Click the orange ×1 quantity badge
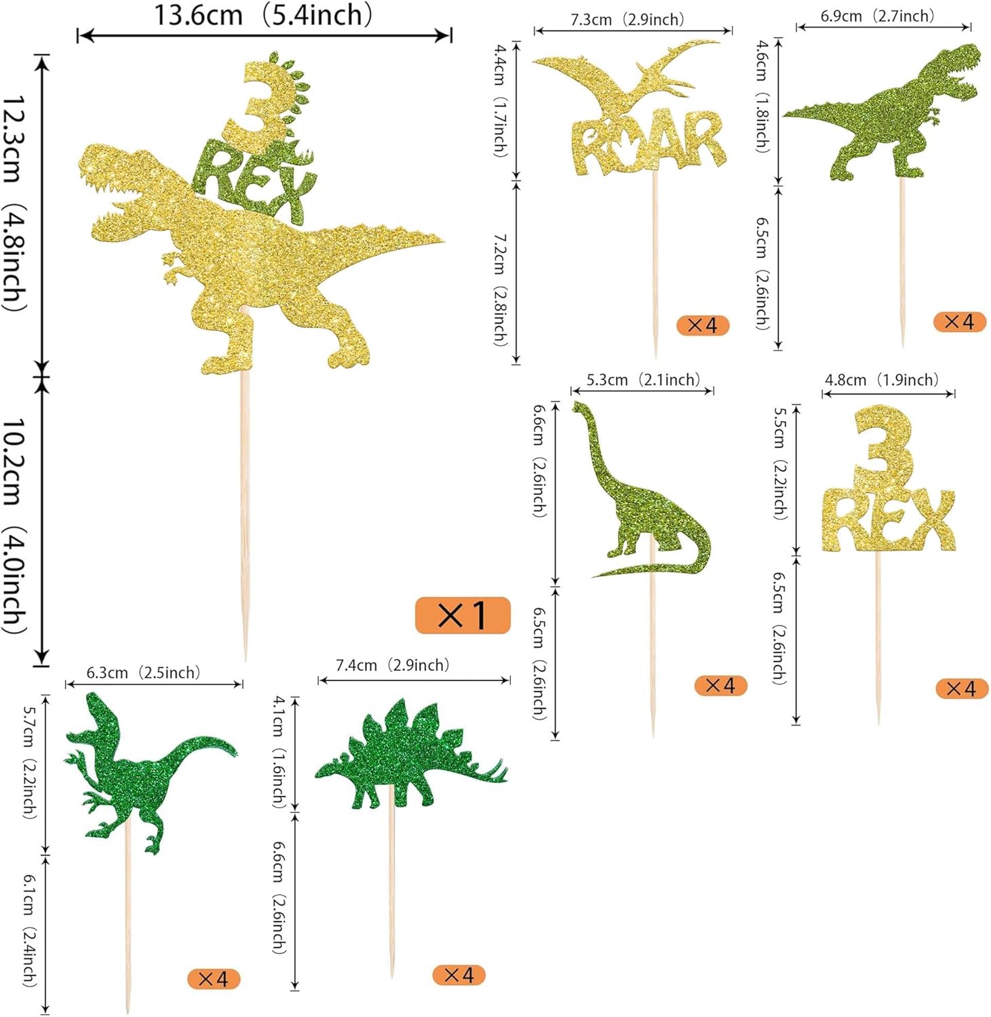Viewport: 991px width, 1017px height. click(463, 615)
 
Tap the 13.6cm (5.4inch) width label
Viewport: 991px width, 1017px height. click(263, 15)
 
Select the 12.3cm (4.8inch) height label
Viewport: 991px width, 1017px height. click(15, 203)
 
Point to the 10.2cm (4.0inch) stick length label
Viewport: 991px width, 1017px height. click(15, 525)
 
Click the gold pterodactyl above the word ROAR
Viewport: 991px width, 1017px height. click(627, 78)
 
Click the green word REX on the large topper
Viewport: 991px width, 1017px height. click(254, 183)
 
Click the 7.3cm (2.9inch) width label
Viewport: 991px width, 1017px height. click(627, 20)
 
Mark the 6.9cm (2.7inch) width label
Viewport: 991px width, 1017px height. click(877, 16)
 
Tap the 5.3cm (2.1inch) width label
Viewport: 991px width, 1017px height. click(642, 380)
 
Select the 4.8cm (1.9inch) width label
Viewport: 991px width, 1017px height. click(881, 380)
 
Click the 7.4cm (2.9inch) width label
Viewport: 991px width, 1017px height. click(392, 665)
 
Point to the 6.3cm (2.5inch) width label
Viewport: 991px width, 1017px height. click(143, 673)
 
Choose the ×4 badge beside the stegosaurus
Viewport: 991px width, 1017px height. click(459, 975)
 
